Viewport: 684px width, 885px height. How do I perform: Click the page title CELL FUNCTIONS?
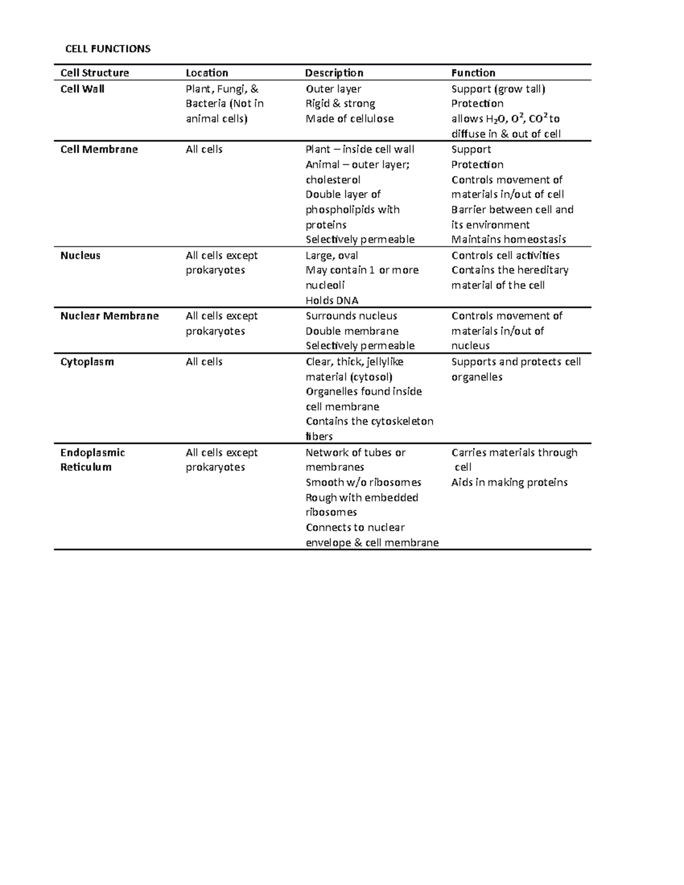(x=108, y=49)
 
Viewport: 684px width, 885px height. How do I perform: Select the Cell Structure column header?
(x=95, y=73)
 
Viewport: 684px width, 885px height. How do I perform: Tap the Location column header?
(x=207, y=73)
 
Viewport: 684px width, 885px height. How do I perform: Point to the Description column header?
(x=334, y=73)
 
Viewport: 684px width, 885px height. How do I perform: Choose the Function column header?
(x=473, y=73)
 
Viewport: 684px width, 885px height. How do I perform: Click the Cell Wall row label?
(x=82, y=89)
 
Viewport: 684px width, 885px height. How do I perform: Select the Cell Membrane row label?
(x=99, y=149)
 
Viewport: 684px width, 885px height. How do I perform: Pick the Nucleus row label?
(x=80, y=255)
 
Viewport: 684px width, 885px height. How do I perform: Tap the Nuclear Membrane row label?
(x=109, y=316)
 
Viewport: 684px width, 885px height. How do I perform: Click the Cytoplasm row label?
(x=87, y=362)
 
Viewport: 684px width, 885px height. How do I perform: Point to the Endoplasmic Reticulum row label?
(x=92, y=460)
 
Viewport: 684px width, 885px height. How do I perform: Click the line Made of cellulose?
(x=349, y=119)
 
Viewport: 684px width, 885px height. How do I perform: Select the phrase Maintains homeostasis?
(x=508, y=239)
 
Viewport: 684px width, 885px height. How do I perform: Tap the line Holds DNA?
(x=332, y=300)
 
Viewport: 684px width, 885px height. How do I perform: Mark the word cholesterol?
(x=333, y=180)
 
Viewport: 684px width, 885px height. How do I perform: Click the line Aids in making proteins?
(x=510, y=482)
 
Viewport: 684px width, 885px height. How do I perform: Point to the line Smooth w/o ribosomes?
(x=363, y=482)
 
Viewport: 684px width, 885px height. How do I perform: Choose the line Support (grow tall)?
(x=498, y=89)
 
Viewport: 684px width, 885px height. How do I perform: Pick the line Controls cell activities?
(x=505, y=255)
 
